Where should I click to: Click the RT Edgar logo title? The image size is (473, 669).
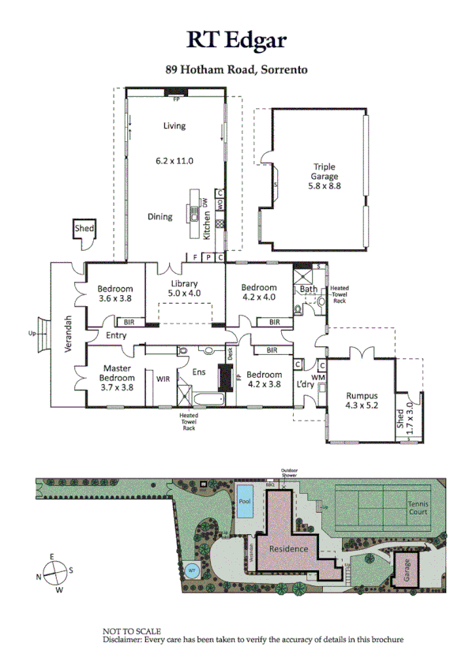(236, 41)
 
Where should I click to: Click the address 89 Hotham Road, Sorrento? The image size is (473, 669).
(236, 69)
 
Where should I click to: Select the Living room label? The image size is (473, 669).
(174, 126)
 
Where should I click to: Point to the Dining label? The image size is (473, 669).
(160, 216)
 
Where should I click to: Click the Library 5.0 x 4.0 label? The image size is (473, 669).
(184, 289)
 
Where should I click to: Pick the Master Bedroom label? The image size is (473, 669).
(115, 378)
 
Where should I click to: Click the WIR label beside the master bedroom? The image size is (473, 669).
(163, 379)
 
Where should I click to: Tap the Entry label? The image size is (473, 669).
(116, 336)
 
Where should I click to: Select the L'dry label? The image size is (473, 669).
(306, 383)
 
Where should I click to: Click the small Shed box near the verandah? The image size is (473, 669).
(84, 229)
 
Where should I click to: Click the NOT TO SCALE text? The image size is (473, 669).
(132, 631)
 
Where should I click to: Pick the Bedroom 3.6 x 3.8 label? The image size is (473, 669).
(115, 293)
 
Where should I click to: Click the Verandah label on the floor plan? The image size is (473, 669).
(69, 334)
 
